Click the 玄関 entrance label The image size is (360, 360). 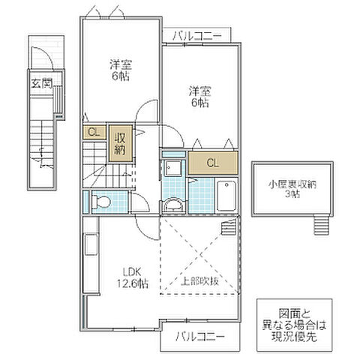click(40, 83)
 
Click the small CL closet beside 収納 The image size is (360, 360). click(94, 133)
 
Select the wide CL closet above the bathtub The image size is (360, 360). click(212, 162)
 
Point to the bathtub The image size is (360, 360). click(226, 196)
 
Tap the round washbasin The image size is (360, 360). click(173, 205)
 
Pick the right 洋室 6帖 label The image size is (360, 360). click(199, 97)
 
